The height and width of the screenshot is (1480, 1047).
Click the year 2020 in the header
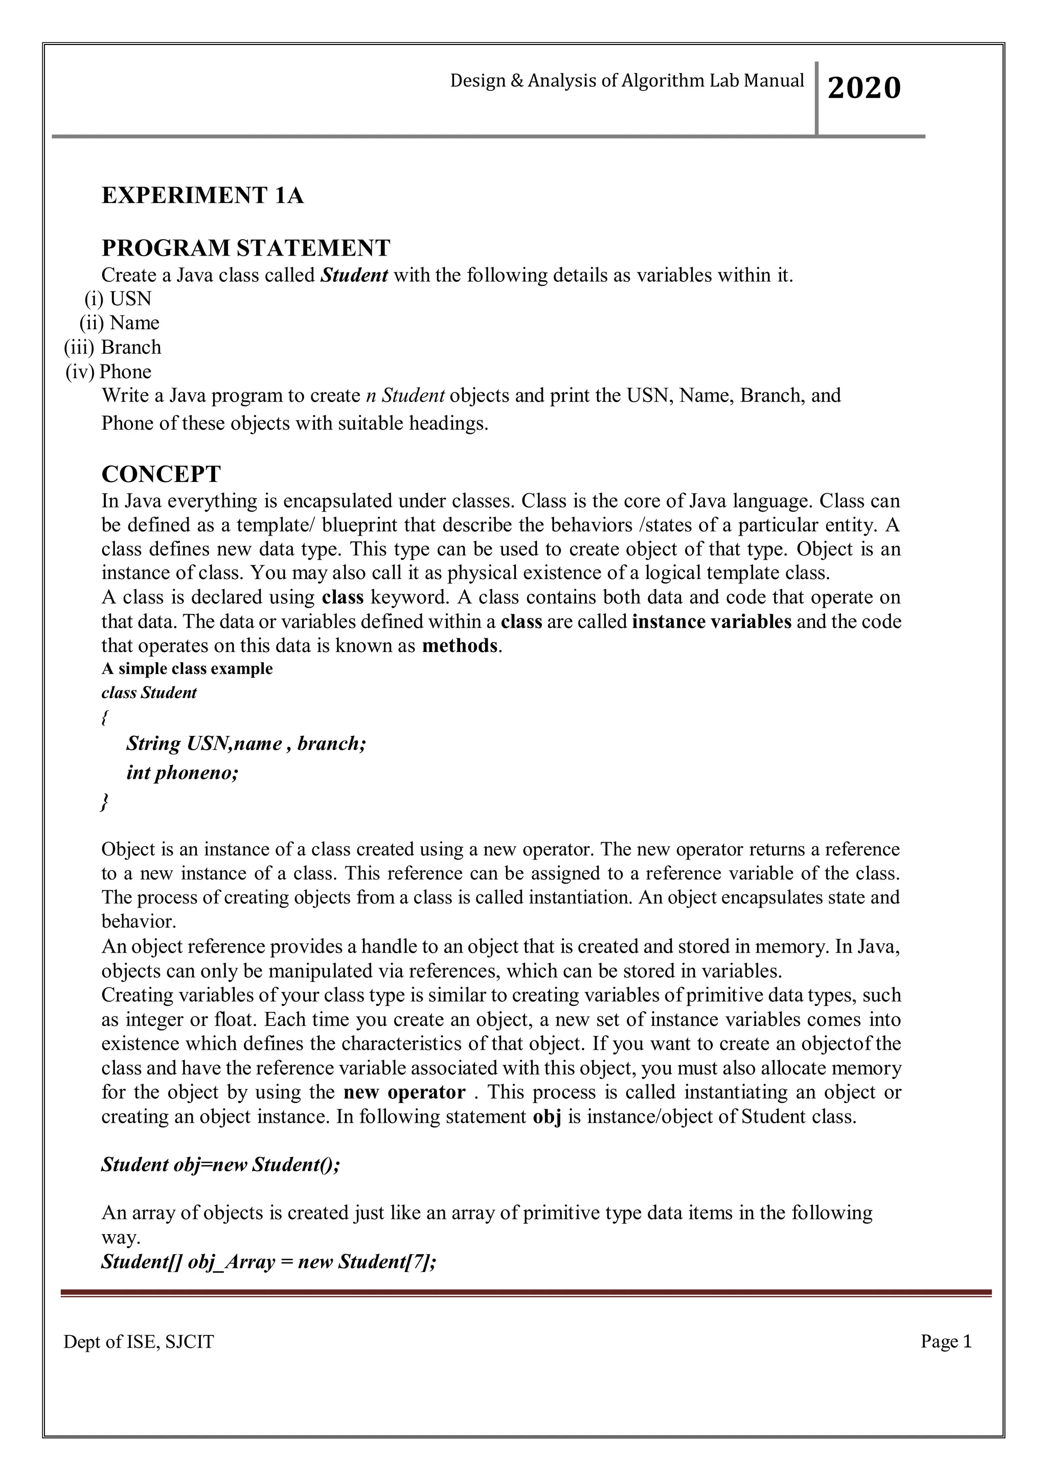[x=863, y=88]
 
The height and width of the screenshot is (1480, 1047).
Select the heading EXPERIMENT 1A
[x=202, y=195]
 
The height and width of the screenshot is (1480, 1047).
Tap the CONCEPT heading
[x=161, y=474]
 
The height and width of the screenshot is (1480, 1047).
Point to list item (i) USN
[x=119, y=298]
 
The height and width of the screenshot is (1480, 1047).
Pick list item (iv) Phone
[x=109, y=372]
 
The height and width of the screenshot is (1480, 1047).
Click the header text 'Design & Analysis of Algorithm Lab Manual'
[x=627, y=81]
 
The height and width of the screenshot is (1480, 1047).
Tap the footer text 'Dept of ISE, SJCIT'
[x=139, y=1342]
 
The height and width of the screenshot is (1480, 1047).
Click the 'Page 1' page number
[x=946, y=1342]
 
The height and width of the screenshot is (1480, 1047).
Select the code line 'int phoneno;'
[x=183, y=772]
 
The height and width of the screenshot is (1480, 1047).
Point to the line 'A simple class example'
[x=187, y=668]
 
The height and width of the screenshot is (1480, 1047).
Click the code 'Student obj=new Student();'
[x=220, y=1164]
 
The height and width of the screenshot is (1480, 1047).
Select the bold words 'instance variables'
[x=712, y=621]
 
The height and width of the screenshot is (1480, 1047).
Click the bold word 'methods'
[x=460, y=646]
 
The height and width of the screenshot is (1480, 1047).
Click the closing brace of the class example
[x=104, y=802]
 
